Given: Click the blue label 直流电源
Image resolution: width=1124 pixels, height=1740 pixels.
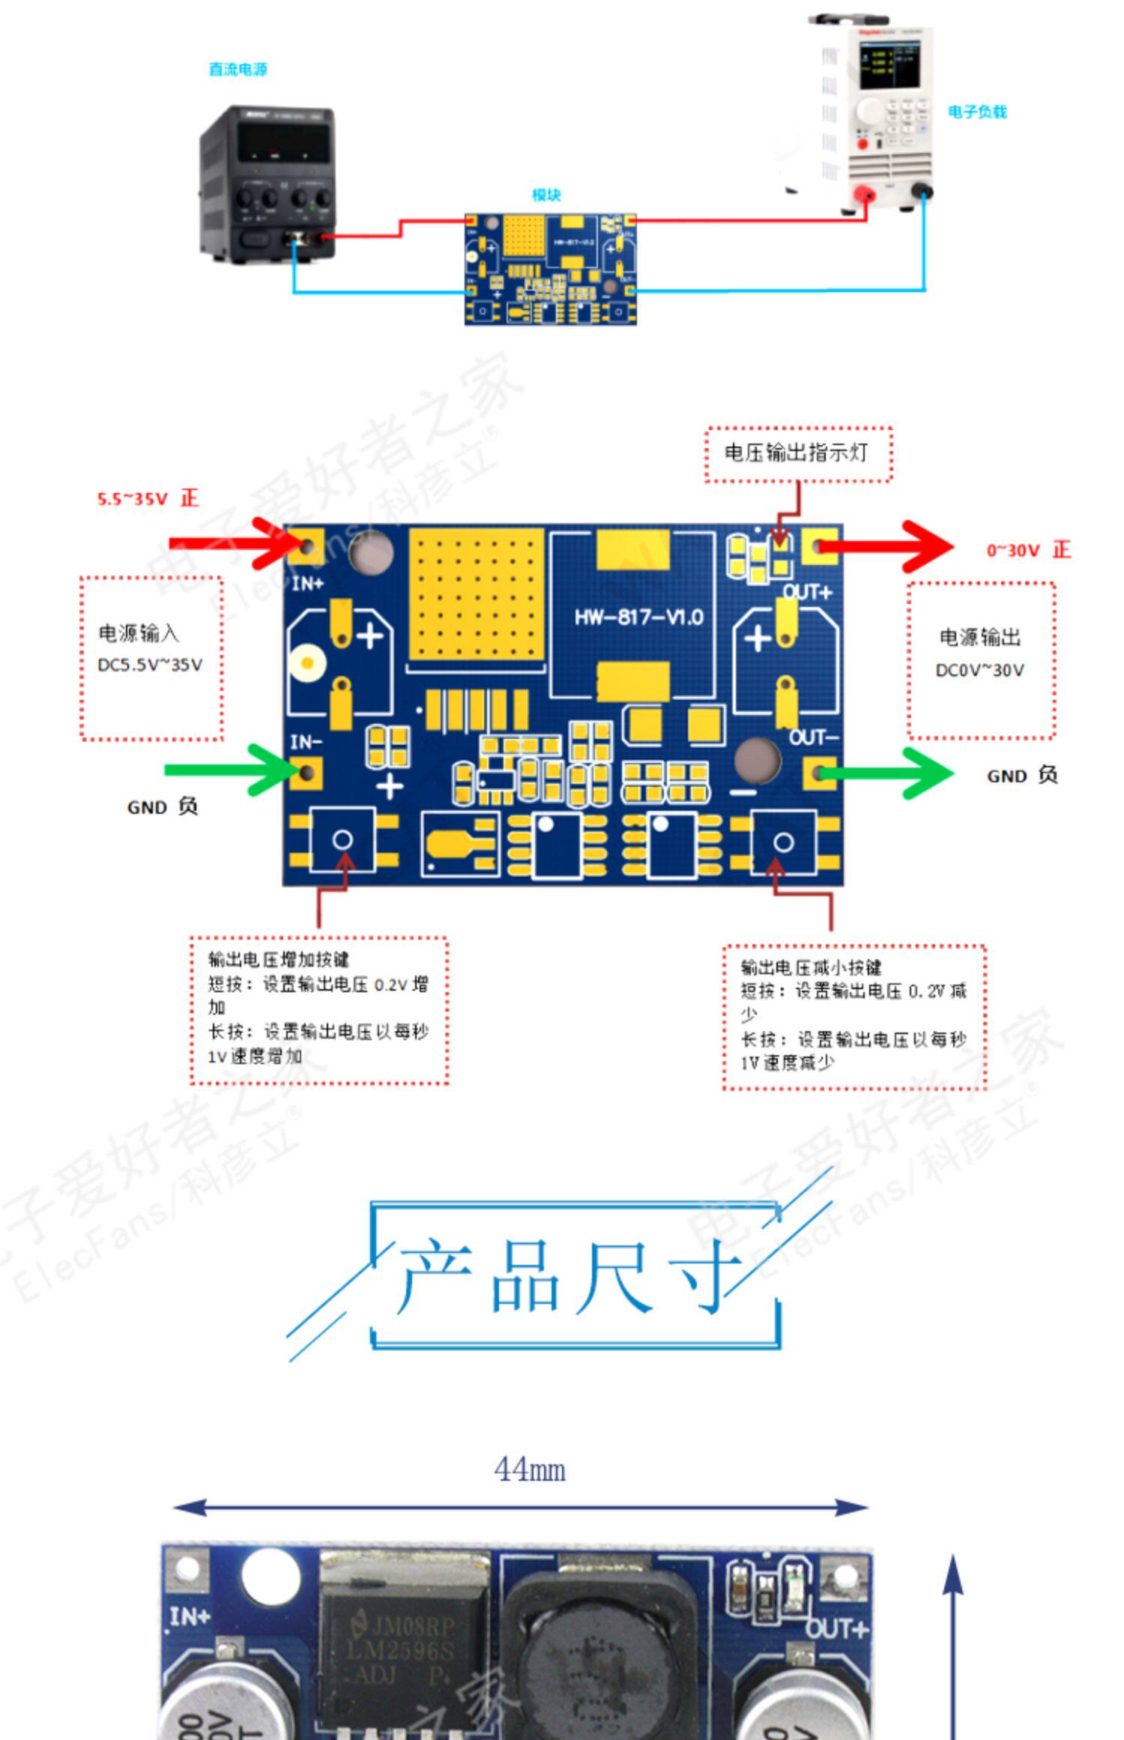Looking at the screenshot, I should point(238,70).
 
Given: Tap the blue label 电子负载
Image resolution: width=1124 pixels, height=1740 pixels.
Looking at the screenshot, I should point(977,112).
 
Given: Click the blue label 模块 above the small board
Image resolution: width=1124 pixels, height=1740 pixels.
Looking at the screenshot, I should point(546,196).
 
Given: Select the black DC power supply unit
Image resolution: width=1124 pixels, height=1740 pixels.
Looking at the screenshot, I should point(267,184).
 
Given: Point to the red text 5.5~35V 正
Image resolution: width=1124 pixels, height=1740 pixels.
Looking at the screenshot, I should point(148,498).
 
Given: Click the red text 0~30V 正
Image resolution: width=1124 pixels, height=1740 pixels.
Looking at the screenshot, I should point(1028,550).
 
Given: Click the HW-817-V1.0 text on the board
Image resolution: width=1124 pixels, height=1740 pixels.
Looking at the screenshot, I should point(638,617).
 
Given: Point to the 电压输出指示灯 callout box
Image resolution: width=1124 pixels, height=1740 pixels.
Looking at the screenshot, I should point(798,453).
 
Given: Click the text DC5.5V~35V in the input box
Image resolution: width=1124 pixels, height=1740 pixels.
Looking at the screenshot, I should point(150,665).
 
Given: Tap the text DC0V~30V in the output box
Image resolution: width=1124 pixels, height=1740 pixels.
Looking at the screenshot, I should point(979,671).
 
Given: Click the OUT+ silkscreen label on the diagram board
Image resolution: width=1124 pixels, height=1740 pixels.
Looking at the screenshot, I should point(807,593).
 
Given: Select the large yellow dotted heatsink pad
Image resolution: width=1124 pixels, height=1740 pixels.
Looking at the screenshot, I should point(476,594).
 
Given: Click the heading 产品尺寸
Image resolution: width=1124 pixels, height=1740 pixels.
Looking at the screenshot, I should point(569,1274).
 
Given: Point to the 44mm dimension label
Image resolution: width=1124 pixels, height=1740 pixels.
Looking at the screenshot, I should point(529,1469).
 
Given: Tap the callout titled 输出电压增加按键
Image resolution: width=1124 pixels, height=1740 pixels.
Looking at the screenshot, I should point(318,1009).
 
